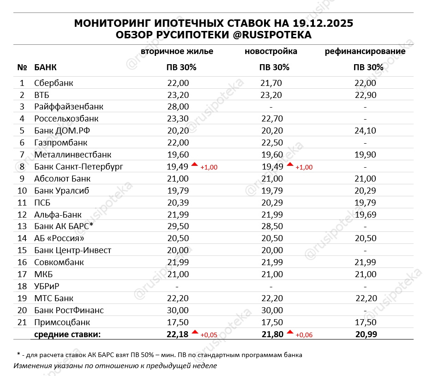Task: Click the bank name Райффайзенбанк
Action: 68,107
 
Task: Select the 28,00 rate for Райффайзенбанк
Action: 178,107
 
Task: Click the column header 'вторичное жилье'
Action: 177,51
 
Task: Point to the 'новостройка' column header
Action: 271,51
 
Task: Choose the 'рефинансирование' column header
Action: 365,51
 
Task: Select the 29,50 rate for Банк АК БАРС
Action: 178,226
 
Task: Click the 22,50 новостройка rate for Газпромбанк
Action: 271,143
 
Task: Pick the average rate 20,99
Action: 366,334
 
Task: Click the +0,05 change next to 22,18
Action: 208,335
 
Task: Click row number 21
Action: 22,322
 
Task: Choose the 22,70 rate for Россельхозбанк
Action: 271,119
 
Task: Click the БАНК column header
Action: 45,67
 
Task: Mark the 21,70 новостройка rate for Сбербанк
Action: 271,83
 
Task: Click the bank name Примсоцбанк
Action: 62,322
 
